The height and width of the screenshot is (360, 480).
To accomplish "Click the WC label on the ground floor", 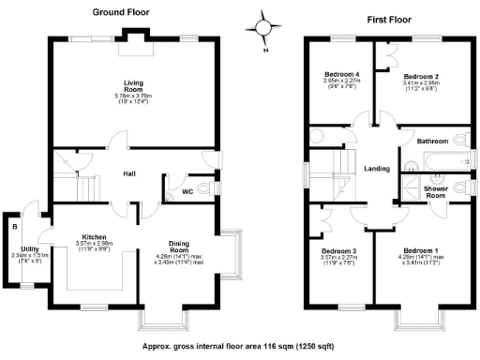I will point(187,194).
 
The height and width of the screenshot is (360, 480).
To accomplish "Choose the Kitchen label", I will point(95,238).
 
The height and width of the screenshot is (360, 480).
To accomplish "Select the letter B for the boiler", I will point(15,226).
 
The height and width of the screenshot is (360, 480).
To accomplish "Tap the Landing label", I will point(377,167).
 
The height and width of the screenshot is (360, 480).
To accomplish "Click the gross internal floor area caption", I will point(240,346).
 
